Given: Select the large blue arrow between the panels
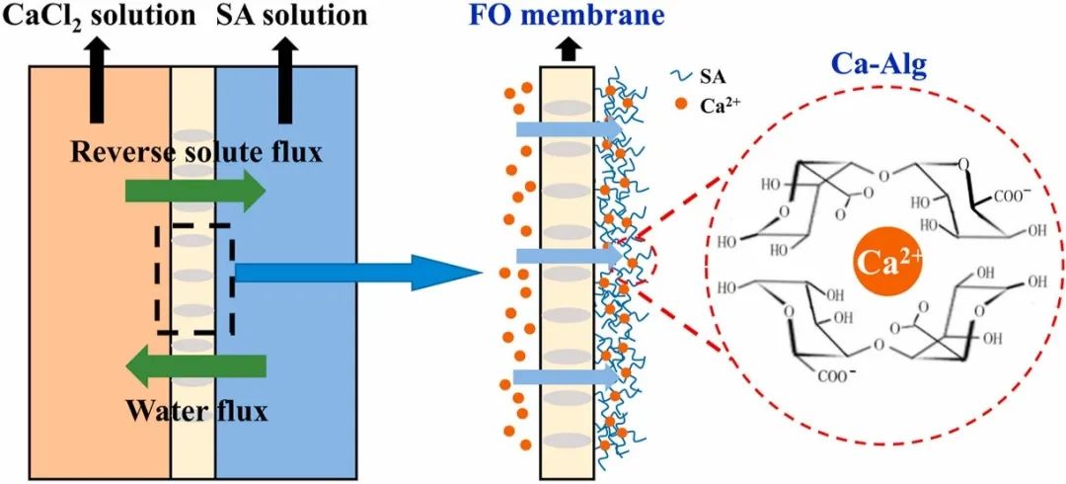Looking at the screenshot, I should (355, 273).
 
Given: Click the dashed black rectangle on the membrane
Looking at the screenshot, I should (193, 279).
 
